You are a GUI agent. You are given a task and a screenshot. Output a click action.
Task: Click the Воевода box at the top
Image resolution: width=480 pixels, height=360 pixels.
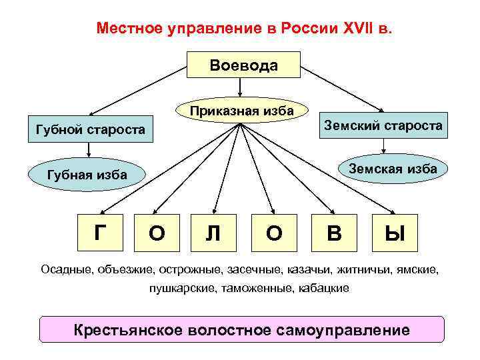click(x=243, y=66)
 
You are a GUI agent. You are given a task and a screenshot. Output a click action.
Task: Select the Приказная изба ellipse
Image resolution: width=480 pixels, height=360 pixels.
click(x=242, y=110)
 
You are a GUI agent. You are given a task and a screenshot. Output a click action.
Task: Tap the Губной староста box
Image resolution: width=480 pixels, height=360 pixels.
click(x=89, y=129)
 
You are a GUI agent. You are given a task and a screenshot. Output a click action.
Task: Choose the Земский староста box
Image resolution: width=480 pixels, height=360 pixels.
click(x=383, y=125)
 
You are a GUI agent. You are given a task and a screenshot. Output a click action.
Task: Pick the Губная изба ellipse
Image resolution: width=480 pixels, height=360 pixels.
click(x=87, y=175)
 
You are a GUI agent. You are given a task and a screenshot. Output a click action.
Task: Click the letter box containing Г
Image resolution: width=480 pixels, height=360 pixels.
click(x=100, y=232)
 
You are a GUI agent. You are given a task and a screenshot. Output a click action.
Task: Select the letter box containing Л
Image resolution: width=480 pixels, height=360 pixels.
click(x=213, y=233)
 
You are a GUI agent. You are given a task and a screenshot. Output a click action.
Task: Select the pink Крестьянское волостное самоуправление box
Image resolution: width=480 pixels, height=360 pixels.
click(x=241, y=329)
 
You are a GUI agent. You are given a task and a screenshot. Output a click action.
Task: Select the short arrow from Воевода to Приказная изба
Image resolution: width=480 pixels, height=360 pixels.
click(x=239, y=89)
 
